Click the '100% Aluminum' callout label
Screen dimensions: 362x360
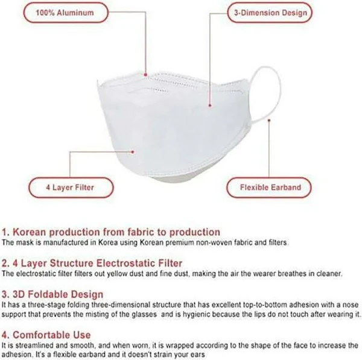click(66, 13)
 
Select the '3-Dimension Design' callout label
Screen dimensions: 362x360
click(270, 13)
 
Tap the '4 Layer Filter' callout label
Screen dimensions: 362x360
click(71, 188)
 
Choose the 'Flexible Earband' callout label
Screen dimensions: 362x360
click(269, 188)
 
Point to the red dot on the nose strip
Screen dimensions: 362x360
click(145, 75)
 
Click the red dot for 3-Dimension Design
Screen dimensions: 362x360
click(210, 106)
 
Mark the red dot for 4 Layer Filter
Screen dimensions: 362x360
click(133, 152)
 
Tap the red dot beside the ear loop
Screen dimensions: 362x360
click(269, 120)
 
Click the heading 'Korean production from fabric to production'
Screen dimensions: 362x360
click(111, 232)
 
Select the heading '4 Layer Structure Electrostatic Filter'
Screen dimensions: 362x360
click(92, 264)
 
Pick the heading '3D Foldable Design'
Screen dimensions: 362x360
click(52, 294)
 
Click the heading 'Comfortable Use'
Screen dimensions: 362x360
click(46, 335)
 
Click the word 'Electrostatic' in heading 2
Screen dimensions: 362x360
click(126, 264)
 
